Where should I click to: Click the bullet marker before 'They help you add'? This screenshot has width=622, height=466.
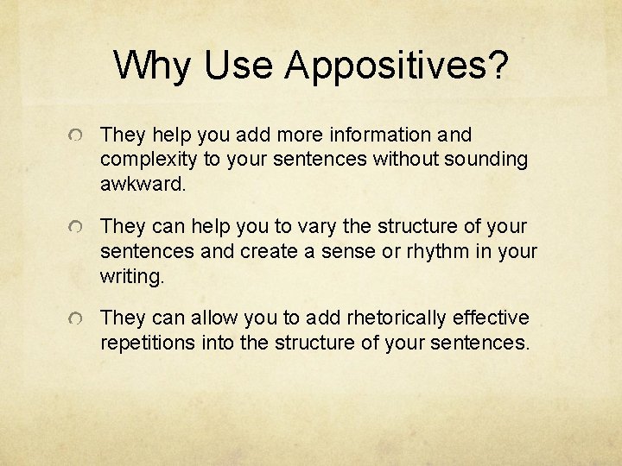(x=78, y=136)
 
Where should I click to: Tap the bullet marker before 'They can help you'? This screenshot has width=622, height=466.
(x=78, y=228)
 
